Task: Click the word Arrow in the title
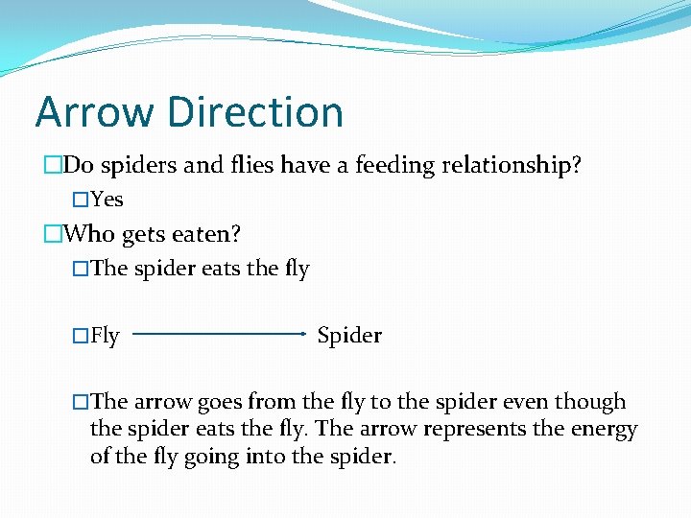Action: click(x=94, y=112)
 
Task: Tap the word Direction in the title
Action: click(x=254, y=112)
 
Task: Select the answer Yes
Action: click(x=107, y=200)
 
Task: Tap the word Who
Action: click(x=89, y=233)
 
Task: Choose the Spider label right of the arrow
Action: click(x=349, y=336)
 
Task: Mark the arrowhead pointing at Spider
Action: click(x=302, y=334)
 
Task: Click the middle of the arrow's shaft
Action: click(x=218, y=334)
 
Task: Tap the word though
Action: click(x=592, y=402)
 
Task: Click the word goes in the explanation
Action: click(x=222, y=402)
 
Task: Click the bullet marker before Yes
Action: click(x=81, y=200)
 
